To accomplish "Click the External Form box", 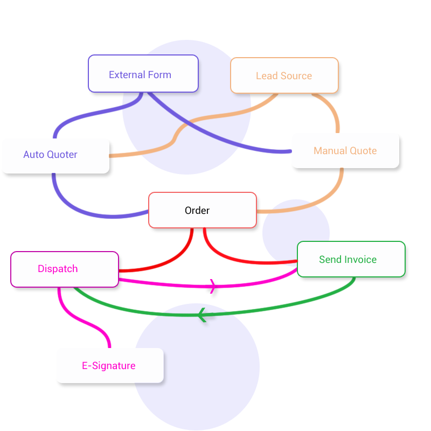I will click(x=143, y=74).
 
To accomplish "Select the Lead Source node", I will click(x=284, y=75).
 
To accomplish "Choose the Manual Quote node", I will click(x=345, y=151).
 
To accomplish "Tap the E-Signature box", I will click(x=109, y=366).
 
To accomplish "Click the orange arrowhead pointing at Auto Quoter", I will click(x=135, y=154).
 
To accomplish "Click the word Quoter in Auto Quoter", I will click(x=62, y=155).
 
